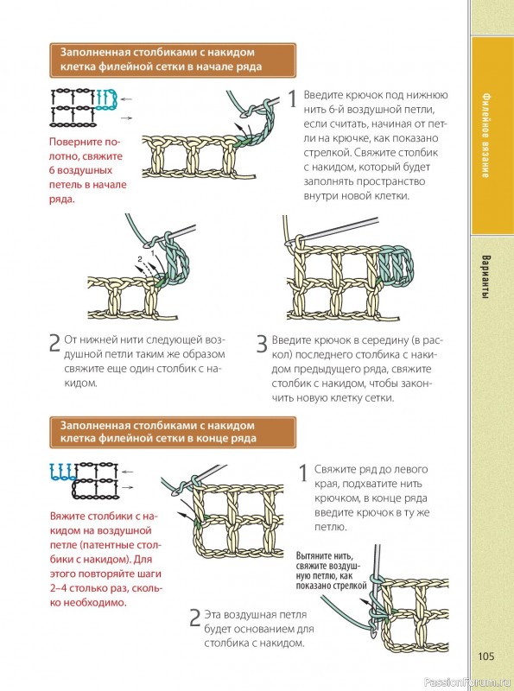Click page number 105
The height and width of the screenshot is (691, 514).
(x=486, y=656)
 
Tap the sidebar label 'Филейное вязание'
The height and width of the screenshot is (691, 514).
(x=485, y=135)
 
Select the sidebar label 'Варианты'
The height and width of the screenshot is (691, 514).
(x=485, y=276)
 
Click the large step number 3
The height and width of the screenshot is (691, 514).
(x=262, y=344)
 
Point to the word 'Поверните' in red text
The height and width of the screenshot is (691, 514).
(x=81, y=142)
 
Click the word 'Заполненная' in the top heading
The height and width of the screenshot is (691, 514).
(x=96, y=52)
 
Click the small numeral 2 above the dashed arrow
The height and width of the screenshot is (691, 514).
(x=140, y=259)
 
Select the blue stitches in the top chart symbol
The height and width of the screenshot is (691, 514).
(x=106, y=99)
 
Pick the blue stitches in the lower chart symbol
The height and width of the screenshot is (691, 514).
(x=62, y=472)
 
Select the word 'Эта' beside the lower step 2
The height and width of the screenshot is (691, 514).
(x=213, y=614)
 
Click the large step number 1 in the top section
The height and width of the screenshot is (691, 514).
(x=293, y=98)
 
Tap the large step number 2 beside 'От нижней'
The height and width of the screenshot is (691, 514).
(x=54, y=343)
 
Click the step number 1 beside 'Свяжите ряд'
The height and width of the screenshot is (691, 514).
(x=304, y=473)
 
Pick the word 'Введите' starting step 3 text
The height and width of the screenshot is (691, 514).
(x=291, y=340)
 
